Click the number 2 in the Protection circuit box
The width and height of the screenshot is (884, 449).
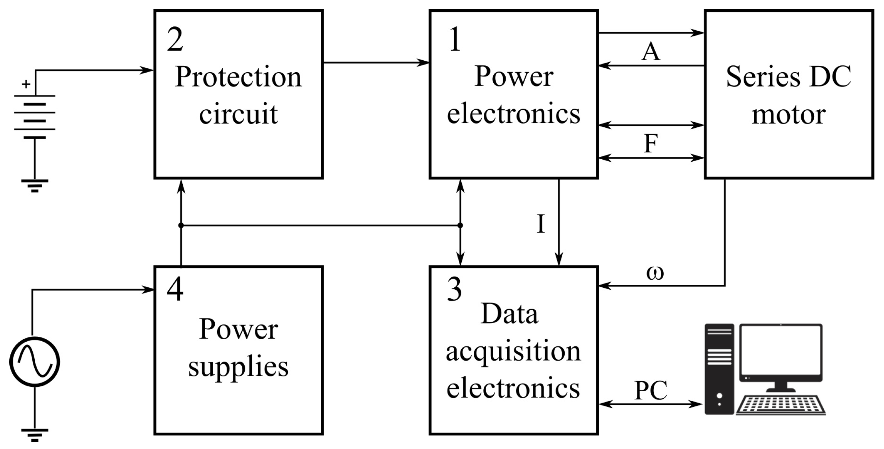pyautogui.click(x=175, y=40)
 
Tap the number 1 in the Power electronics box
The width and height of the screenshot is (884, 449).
pyautogui.click(x=455, y=40)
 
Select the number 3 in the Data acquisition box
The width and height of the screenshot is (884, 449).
pyautogui.click(x=454, y=289)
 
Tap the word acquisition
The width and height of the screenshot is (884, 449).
pyautogui.click(x=513, y=352)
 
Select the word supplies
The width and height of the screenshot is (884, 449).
pyautogui.click(x=238, y=367)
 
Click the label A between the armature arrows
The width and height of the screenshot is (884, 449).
pyautogui.click(x=651, y=51)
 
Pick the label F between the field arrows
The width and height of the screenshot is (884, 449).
pyautogui.click(x=651, y=143)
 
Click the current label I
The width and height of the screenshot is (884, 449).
pyautogui.click(x=541, y=224)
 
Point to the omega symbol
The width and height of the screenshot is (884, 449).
pyautogui.click(x=655, y=273)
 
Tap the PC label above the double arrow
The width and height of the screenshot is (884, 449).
pyautogui.click(x=651, y=390)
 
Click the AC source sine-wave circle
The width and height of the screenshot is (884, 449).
pyautogui.click(x=35, y=362)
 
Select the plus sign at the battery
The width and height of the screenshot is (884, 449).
pyautogui.click(x=26, y=84)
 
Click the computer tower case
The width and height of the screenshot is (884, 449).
pyautogui.click(x=719, y=369)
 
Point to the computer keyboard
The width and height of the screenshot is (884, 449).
pyautogui.click(x=781, y=405)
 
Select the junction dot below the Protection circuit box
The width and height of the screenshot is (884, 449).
pyautogui.click(x=181, y=225)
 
